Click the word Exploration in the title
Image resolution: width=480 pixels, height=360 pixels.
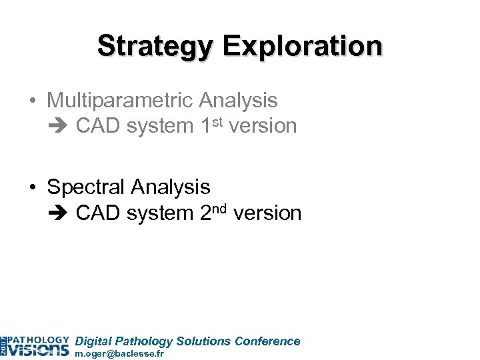[303, 46]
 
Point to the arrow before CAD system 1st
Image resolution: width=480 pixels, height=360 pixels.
[60, 126]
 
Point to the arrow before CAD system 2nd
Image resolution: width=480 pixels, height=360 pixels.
[60, 213]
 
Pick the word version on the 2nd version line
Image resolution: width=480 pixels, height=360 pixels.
[269, 213]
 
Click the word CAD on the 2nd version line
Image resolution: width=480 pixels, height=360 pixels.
[99, 213]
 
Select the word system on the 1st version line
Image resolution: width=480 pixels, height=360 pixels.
[161, 126]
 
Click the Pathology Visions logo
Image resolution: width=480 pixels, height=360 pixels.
[35, 343]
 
